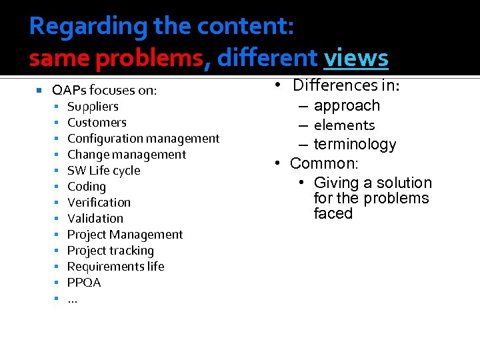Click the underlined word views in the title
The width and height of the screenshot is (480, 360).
pos(355,59)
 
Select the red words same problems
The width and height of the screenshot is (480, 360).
pos(115,59)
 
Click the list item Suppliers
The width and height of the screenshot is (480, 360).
pos(93,107)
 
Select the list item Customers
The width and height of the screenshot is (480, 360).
pos(97,123)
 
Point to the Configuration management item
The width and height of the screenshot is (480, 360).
pos(143,139)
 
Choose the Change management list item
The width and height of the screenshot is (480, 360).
pos(127,155)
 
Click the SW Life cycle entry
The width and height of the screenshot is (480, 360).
pos(103,171)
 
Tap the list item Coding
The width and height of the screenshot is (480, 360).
pos(87,187)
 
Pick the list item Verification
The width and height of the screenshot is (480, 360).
pos(99,203)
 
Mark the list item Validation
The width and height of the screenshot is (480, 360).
pos(95,219)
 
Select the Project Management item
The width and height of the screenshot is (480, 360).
pos(125,235)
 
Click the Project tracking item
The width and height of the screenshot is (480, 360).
pos(110,251)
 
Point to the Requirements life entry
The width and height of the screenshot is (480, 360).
pos(115,267)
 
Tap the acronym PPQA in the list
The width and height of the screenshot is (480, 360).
pos(84,283)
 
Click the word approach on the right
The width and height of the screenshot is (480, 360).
pos(347,105)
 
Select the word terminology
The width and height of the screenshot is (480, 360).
pos(355,144)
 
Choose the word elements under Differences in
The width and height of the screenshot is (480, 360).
pos(344,125)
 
